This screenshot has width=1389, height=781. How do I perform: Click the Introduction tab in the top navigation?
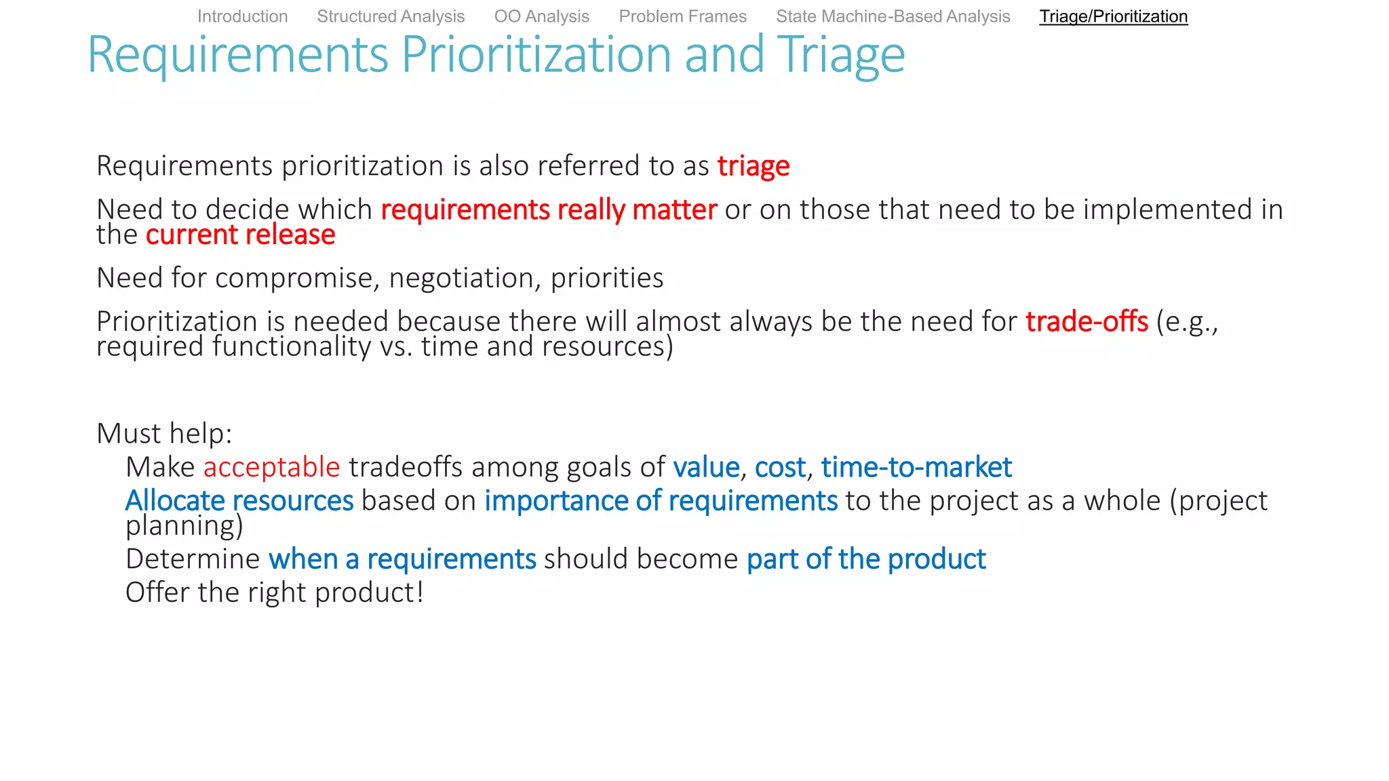[242, 16]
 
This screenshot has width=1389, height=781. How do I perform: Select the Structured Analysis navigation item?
[391, 16]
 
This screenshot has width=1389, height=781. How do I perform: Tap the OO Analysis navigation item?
[541, 16]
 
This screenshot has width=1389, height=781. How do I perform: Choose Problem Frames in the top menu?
[682, 16]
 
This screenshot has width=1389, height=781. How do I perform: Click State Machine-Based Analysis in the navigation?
[893, 16]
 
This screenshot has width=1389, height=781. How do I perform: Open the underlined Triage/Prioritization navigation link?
[1113, 16]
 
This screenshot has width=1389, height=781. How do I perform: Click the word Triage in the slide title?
[840, 54]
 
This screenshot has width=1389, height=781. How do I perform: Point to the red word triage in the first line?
[753, 166]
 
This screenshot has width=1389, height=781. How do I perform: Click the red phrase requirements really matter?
[548, 209]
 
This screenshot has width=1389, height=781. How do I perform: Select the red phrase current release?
[240, 235]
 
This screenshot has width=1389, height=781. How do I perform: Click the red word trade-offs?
[1086, 321]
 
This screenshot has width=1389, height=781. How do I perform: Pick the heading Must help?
[164, 433]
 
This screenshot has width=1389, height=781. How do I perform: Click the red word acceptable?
[271, 467]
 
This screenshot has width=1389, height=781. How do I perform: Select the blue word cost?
[780, 467]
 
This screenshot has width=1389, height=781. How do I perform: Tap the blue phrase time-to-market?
[916, 467]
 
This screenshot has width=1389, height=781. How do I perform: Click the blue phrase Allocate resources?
[239, 500]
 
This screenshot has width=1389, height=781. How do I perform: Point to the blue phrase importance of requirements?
[661, 500]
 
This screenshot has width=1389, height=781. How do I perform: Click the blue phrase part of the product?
[865, 559]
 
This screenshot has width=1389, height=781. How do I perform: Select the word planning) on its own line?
[184, 525]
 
